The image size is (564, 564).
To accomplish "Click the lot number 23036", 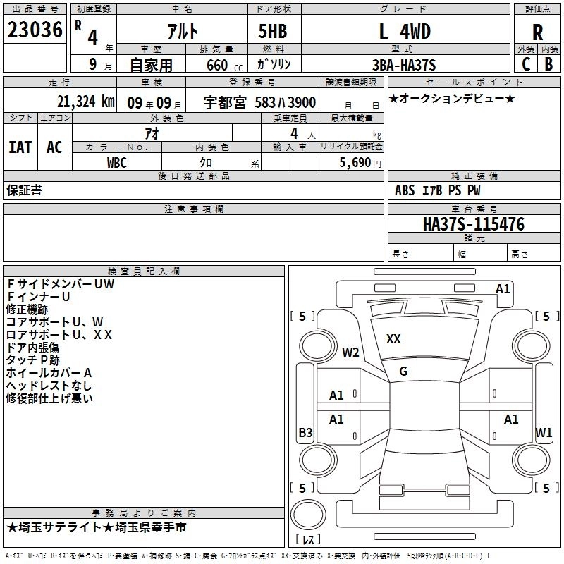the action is (35, 30).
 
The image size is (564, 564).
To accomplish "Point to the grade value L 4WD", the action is (405, 31).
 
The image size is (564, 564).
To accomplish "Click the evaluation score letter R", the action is (537, 32).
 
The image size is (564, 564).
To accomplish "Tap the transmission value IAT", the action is (20, 147).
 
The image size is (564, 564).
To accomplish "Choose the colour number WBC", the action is (117, 162).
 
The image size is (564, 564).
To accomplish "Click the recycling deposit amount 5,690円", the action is (360, 162).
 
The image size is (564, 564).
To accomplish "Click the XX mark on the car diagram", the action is (393, 339).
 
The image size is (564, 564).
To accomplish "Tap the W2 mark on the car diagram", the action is (350, 352).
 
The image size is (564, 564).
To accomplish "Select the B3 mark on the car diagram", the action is (305, 433).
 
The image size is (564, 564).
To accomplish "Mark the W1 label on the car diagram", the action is (543, 432).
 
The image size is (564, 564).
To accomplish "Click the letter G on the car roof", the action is (403, 372).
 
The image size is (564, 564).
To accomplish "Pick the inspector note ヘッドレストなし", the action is (49, 386).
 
